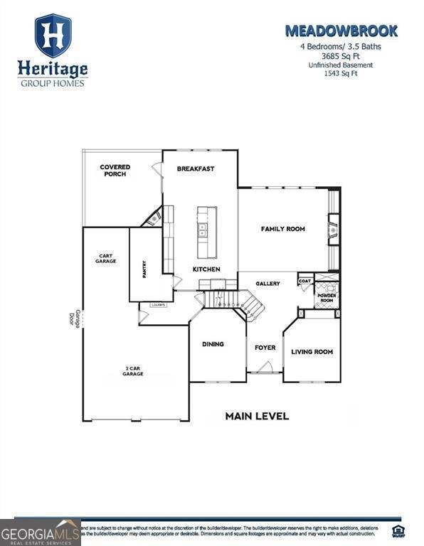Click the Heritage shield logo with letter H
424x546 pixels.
click(53, 36)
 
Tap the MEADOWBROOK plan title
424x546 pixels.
click(341, 31)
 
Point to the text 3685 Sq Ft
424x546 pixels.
click(341, 56)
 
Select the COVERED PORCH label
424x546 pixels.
click(115, 171)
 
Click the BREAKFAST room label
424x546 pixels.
click(196, 168)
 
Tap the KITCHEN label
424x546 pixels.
click(206, 269)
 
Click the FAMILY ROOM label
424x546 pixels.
click(282, 229)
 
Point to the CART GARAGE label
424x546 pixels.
click(106, 259)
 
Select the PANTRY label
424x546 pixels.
click(144, 269)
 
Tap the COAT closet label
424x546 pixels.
click(304, 280)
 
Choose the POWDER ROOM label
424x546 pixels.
click(327, 298)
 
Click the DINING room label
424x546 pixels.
click(213, 344)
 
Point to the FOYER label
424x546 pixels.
click(265, 348)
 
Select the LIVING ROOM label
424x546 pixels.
click(312, 352)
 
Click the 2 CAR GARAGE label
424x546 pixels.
click(133, 371)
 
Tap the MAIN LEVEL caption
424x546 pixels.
click(257, 416)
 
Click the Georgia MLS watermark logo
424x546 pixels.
click(40, 532)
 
